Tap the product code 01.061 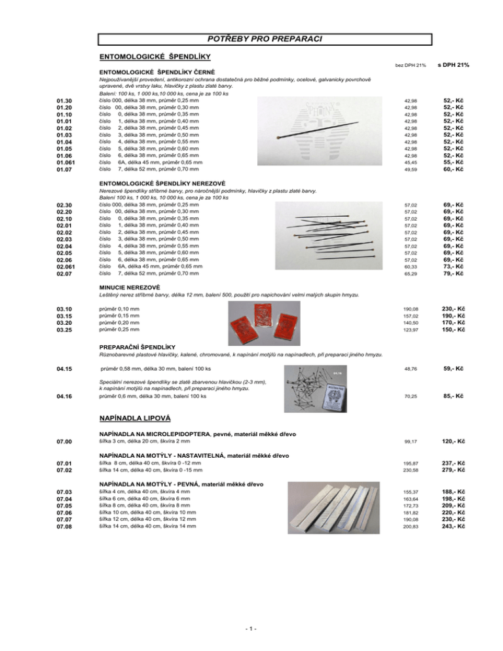click(x=69, y=162)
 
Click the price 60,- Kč click(x=454, y=169)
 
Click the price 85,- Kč click(x=454, y=396)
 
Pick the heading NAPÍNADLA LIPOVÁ click(x=134, y=417)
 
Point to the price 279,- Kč click(x=454, y=470)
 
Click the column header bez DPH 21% click(x=411, y=65)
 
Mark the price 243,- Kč click(x=454, y=526)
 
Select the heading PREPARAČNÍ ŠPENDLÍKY click(x=137, y=345)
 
